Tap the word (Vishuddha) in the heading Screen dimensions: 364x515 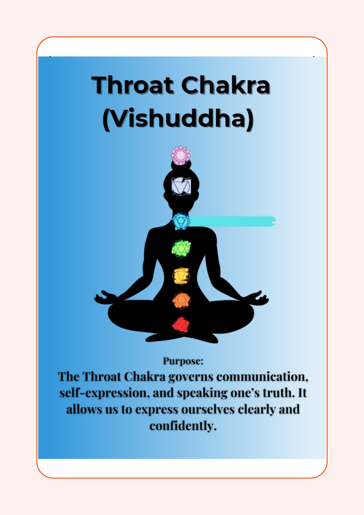(x=178, y=119)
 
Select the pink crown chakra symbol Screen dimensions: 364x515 (x=181, y=155)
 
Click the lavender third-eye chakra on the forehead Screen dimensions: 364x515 (x=181, y=186)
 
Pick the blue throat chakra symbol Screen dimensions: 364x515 (x=181, y=221)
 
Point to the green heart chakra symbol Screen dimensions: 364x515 (x=181, y=248)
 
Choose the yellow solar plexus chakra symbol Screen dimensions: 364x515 (x=181, y=276)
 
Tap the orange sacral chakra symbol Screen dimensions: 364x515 (x=181, y=300)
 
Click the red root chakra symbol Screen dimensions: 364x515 (x=181, y=325)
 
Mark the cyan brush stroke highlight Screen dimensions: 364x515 (x=232, y=221)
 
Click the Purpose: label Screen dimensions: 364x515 (x=183, y=361)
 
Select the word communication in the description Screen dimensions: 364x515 (x=262, y=377)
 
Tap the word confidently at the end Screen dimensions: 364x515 (x=183, y=426)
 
